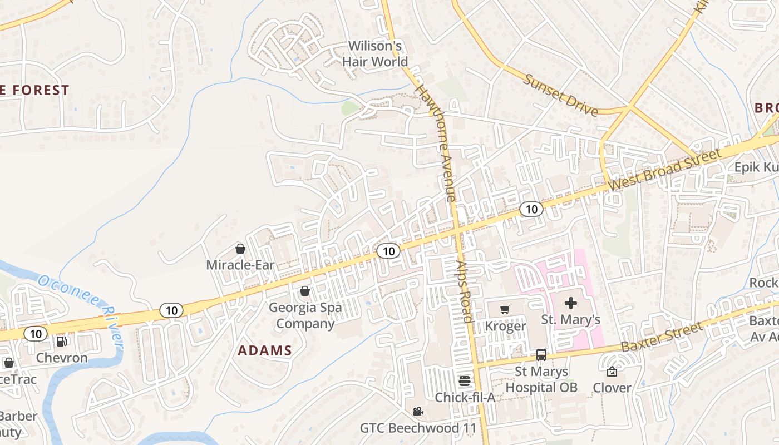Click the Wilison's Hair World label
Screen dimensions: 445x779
(375, 53)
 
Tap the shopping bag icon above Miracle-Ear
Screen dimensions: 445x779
(240, 248)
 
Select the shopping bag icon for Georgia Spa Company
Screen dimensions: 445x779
(305, 291)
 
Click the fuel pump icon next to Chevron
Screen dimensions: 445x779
(62, 342)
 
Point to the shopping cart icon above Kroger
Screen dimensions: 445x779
(505, 309)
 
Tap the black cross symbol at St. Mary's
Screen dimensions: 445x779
(571, 303)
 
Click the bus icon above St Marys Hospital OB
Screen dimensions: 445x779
(541, 355)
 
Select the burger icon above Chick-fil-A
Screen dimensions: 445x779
(465, 381)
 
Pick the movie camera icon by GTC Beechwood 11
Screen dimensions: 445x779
(418, 412)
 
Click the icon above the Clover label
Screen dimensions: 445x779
(612, 372)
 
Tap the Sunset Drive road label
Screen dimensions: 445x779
(561, 95)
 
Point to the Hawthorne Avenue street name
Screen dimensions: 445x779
(436, 142)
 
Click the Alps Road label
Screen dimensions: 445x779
(464, 291)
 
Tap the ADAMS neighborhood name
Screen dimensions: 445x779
(265, 350)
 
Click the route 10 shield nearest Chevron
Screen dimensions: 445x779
(36, 334)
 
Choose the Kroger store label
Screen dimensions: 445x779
(505, 326)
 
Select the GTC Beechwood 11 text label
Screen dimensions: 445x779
(418, 428)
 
